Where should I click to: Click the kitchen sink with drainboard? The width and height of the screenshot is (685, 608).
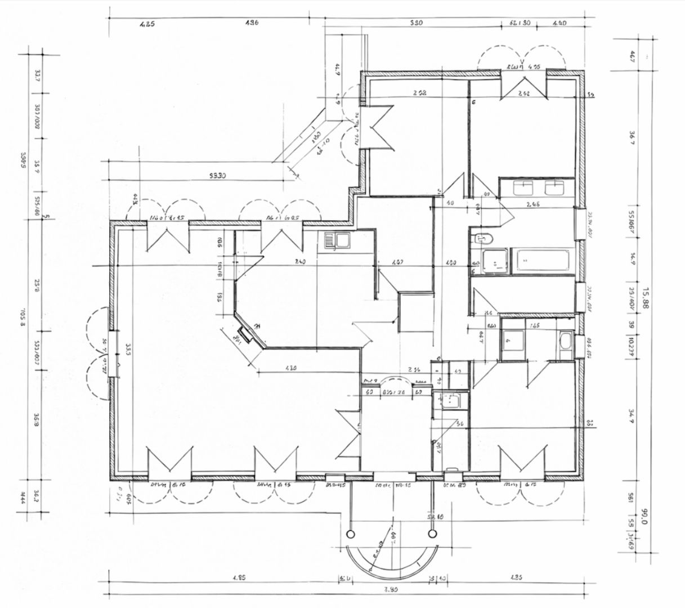click(337, 242)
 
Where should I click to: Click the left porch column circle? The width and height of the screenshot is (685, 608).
click(351, 533)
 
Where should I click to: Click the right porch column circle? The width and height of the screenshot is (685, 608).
click(432, 532)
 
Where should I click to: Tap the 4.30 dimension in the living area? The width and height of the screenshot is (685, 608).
click(291, 369)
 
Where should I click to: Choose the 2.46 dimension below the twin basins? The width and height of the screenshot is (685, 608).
click(532, 204)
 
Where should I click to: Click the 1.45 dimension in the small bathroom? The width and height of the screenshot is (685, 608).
click(535, 326)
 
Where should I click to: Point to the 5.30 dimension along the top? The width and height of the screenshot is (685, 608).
click(415, 24)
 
